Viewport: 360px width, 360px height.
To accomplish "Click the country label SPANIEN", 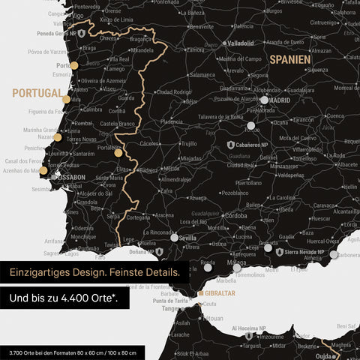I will click(x=291, y=58).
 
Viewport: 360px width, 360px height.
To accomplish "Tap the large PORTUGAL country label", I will click(x=36, y=93).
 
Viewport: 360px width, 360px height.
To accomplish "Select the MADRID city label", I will click(x=280, y=99).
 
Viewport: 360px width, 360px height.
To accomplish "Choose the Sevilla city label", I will click(x=187, y=238).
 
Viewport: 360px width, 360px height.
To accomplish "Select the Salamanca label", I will click(x=202, y=75).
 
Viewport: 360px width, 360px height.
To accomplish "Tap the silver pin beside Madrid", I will click(x=264, y=99).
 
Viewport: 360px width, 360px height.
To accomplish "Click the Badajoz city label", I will click(x=150, y=170).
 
